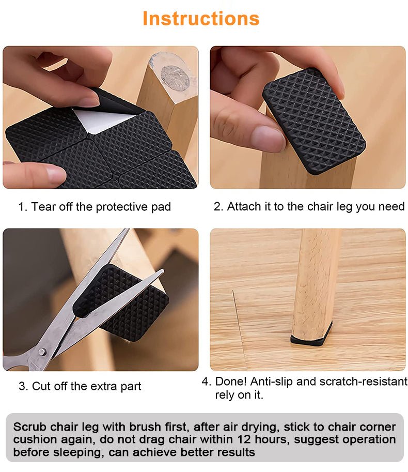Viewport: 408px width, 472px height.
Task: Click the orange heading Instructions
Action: coord(201,19)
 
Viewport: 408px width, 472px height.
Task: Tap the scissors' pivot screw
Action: coord(42,352)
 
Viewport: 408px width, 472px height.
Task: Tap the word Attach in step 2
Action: coord(244,206)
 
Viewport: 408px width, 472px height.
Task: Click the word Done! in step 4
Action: coord(231,382)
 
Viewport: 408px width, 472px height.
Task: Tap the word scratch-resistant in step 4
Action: coord(363,382)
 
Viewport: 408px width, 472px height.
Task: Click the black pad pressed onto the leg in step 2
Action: coord(314,121)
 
